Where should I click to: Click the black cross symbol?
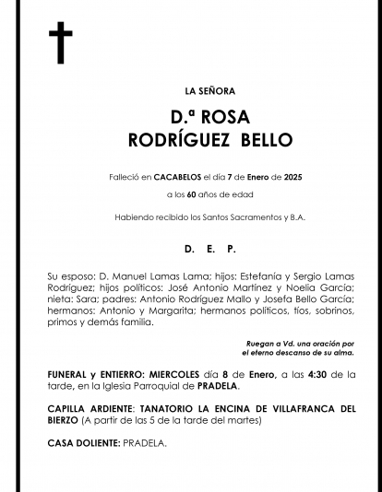tap(60, 44)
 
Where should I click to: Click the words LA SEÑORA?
tap(210, 90)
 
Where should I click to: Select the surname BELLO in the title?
tap(266, 140)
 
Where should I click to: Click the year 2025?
tap(267, 175)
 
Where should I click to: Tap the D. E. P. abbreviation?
tap(210, 249)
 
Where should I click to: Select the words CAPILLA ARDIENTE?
tap(90, 408)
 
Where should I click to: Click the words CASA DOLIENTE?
tap(83, 443)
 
